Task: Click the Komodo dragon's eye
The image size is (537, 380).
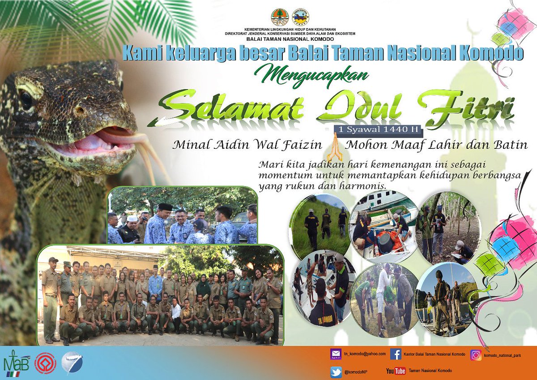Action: pos(26,99)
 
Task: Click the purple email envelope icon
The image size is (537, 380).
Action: pos(336,354)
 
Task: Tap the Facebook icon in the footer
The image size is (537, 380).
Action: pos(396,354)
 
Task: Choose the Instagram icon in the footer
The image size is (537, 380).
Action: pos(476,354)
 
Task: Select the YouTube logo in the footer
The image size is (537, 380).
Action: pos(396,371)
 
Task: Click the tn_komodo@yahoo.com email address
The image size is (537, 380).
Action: pos(365,354)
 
